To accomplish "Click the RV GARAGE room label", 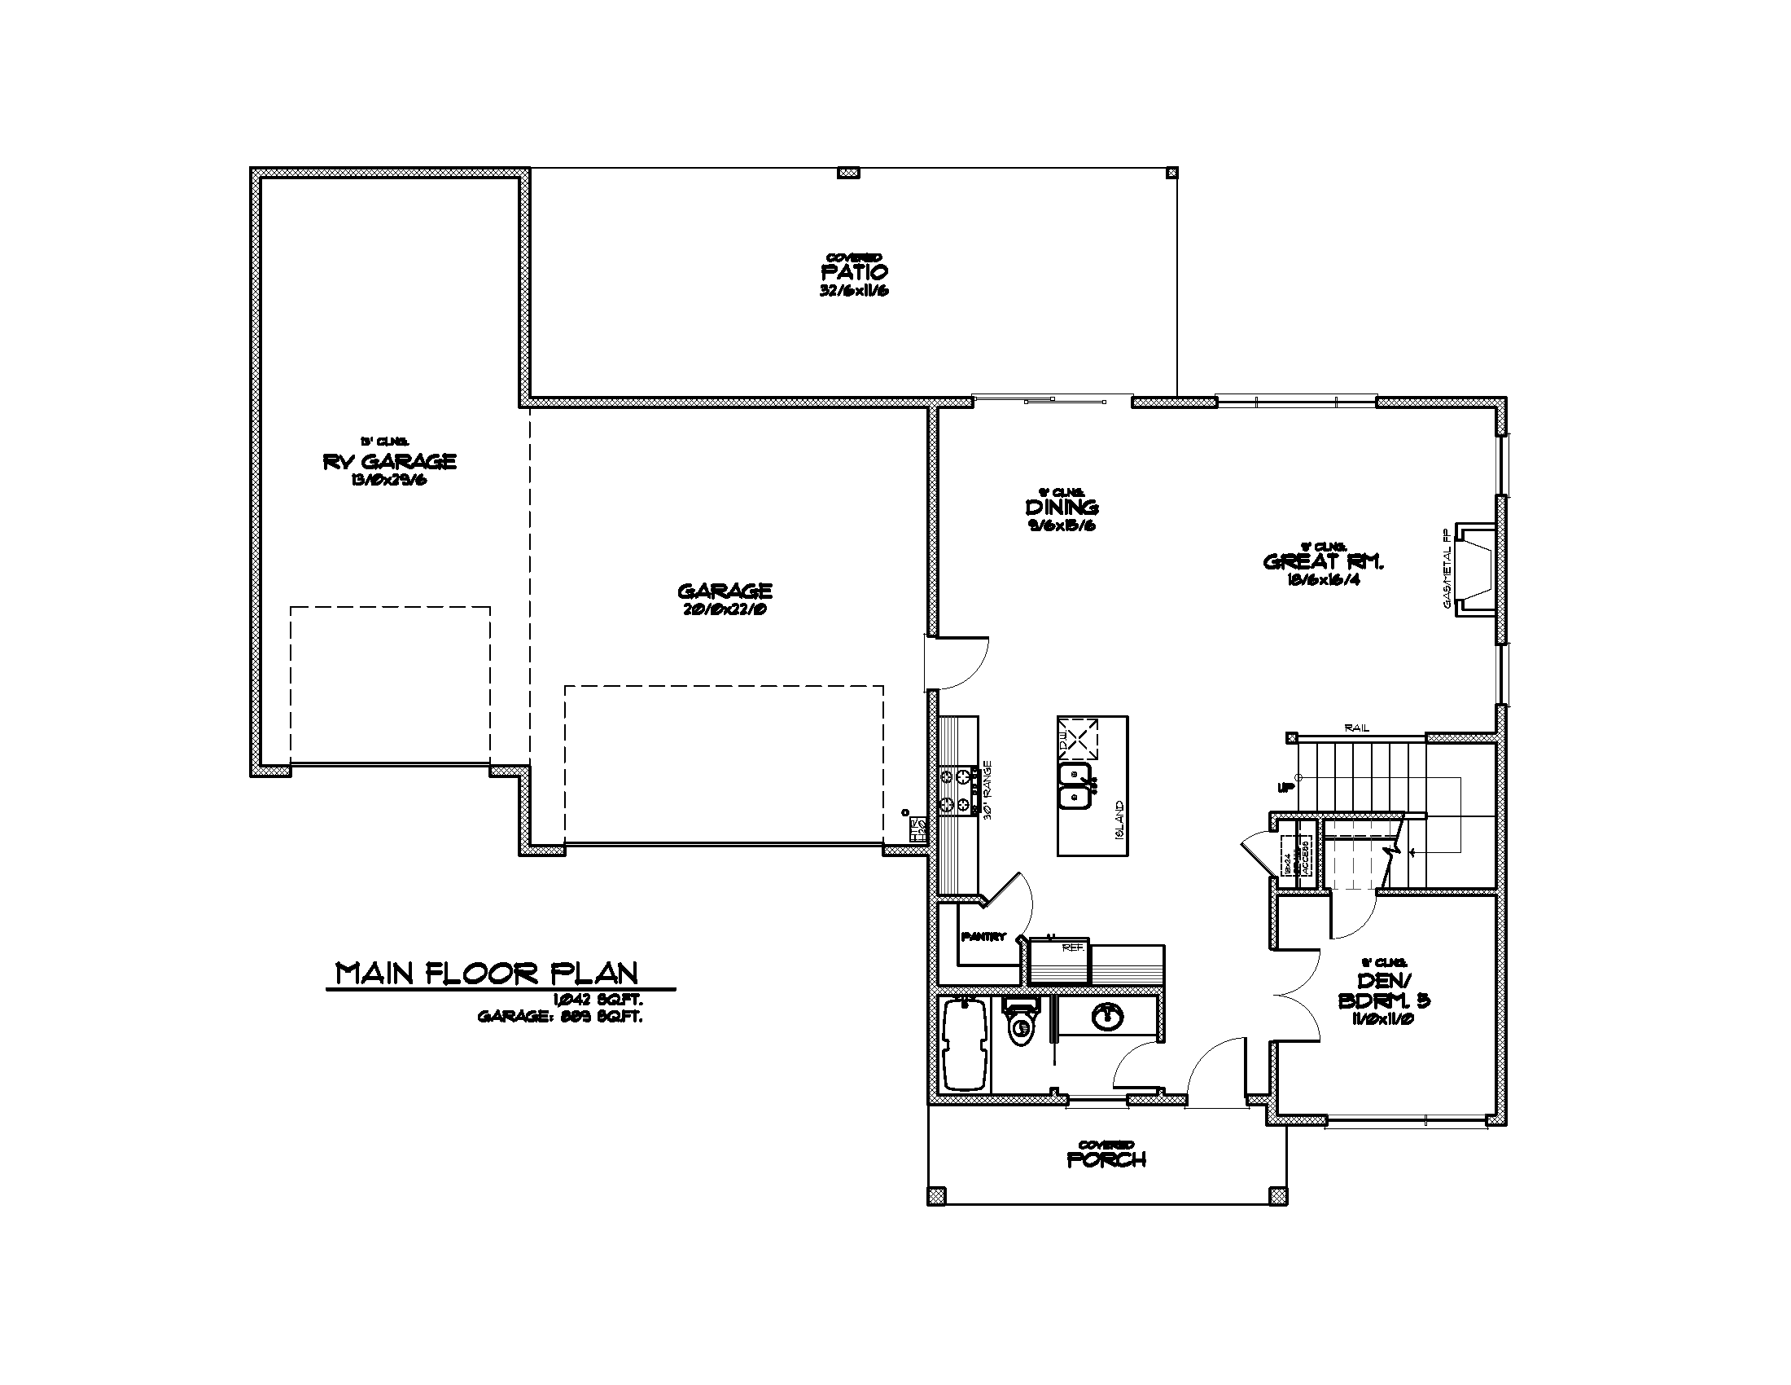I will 389,462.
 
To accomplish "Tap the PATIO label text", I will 854,271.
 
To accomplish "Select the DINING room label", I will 1062,508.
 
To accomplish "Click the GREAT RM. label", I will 1324,562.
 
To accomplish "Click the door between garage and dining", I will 956,663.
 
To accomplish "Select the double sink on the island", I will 1075,786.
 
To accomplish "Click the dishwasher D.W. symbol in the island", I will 1079,738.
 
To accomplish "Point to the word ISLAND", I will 1119,820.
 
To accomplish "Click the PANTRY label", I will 983,937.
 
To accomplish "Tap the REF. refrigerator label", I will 1073,948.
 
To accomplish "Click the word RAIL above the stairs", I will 1357,728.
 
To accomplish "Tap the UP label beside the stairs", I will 1284,787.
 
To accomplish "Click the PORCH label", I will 1106,1160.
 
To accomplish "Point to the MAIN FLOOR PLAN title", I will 487,973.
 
